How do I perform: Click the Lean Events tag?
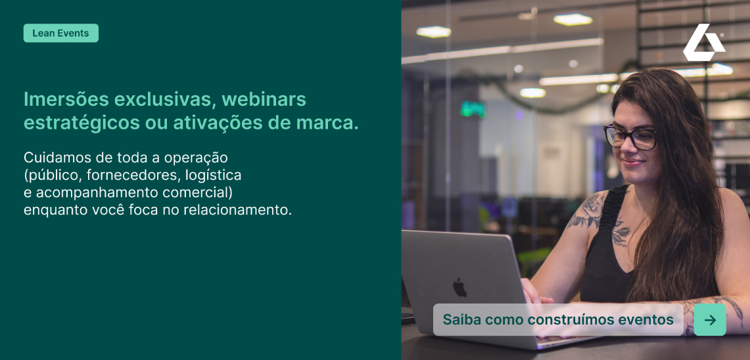(60, 33)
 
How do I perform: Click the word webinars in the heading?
(264, 99)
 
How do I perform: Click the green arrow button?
(710, 320)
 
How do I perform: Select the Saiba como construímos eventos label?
(558, 319)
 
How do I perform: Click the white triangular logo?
(703, 42)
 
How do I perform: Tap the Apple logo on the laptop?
(459, 287)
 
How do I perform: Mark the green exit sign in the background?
(473, 110)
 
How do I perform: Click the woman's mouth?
(632, 162)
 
